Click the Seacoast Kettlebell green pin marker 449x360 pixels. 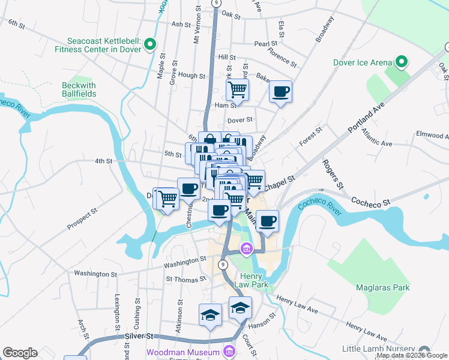pyautogui.click(x=150, y=44)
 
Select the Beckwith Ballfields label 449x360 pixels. pyautogui.click(x=79, y=89)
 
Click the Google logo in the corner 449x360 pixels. pyautogui.click(x=20, y=353)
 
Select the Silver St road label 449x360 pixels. pyautogui.click(x=140, y=337)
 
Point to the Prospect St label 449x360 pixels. pyautogui.click(x=82, y=220)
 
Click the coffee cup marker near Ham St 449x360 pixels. pyautogui.click(x=280, y=92)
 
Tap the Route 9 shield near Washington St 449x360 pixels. pyautogui.click(x=223, y=263)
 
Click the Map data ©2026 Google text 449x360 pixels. pyautogui.click(x=412, y=355)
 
